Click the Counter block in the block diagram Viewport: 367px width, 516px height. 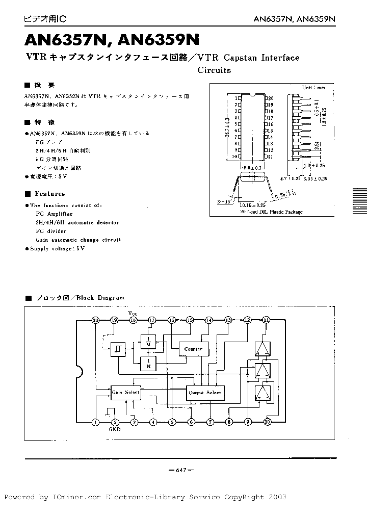coord(193,349)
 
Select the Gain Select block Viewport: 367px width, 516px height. coord(125,392)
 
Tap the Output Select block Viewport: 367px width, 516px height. coord(205,393)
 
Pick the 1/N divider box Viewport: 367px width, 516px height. coord(148,363)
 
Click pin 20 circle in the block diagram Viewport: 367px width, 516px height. coord(95,320)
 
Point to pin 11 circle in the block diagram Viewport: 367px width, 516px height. coord(266,320)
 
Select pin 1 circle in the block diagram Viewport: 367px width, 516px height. coord(95,422)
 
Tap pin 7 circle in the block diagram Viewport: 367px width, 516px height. coord(209,422)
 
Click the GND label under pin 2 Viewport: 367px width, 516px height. coord(115,430)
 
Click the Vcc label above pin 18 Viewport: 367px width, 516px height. coord(133,313)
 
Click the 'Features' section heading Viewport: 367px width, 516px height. coord(49,194)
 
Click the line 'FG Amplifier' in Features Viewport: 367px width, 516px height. coord(54,214)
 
